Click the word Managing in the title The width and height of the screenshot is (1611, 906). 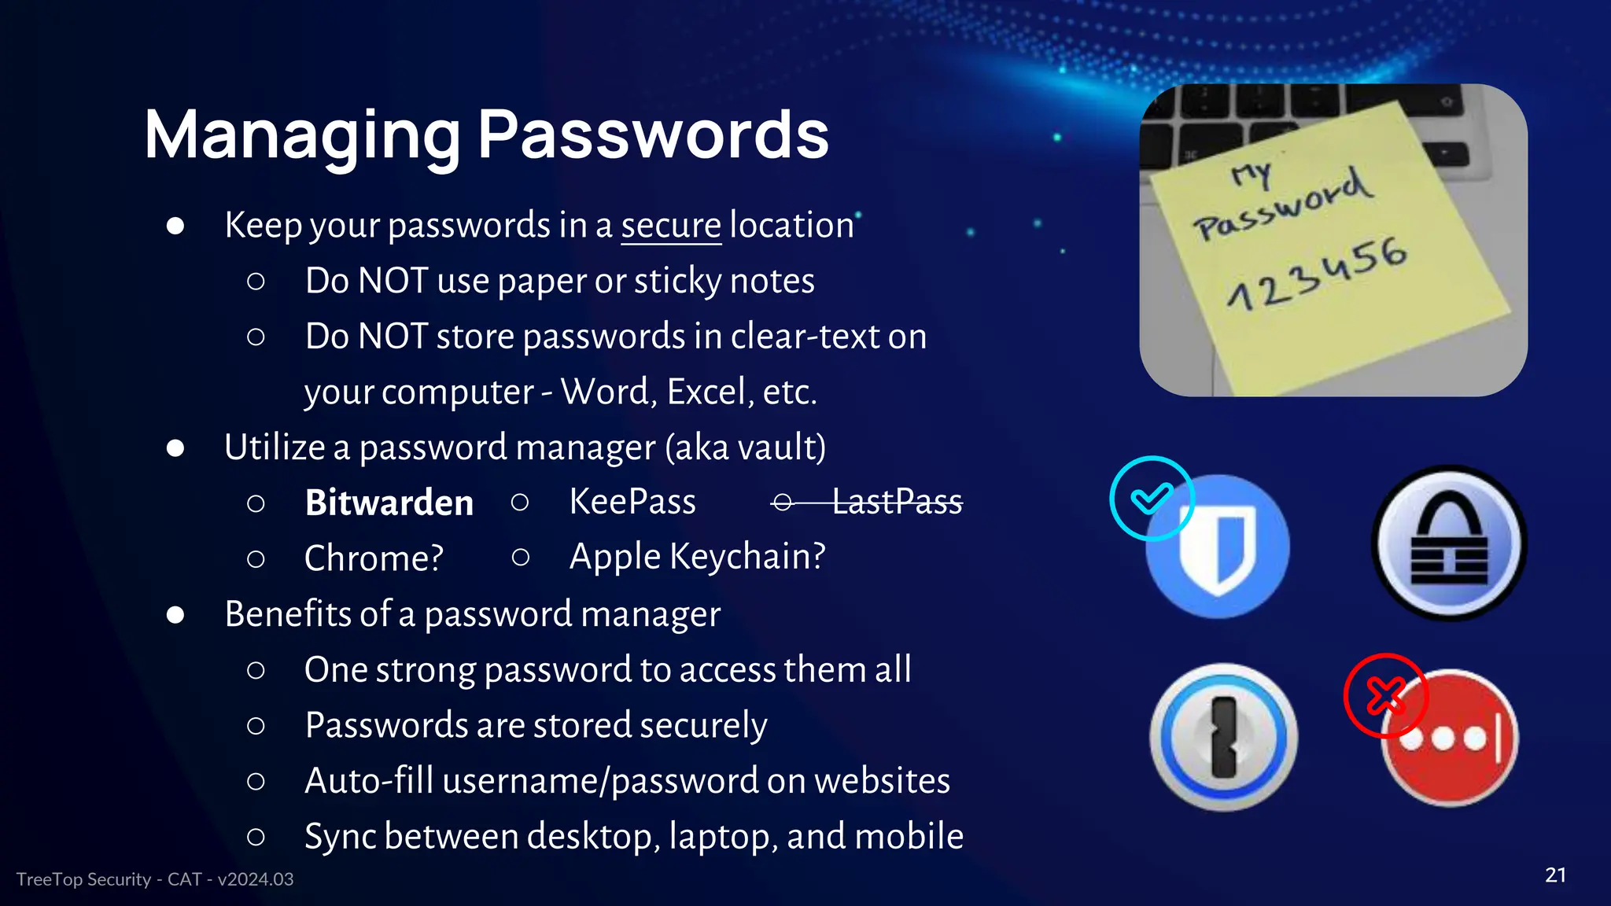(302, 135)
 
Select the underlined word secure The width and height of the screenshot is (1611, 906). (670, 226)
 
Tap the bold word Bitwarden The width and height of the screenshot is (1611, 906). (389, 503)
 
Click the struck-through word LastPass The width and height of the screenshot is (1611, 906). (897, 502)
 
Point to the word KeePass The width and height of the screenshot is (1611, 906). (632, 502)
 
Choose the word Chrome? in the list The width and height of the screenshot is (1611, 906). (374, 558)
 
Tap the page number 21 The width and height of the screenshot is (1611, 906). (1555, 875)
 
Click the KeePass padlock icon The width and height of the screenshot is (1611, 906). (1449, 544)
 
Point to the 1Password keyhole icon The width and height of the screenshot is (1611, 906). (1223, 737)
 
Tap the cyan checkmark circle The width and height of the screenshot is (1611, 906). (1152, 498)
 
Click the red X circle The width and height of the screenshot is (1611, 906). (1385, 695)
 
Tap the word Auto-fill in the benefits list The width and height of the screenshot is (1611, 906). (369, 781)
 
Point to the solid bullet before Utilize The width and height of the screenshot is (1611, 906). (175, 448)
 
